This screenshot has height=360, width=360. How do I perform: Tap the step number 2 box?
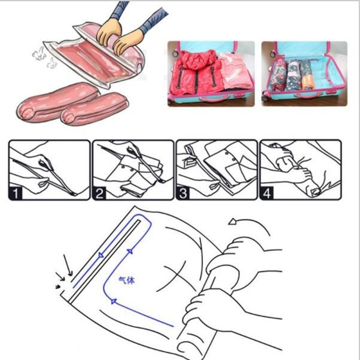click(99, 193)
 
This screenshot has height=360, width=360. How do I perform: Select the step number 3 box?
click(183, 193)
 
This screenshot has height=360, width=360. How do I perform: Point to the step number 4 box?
click(266, 193)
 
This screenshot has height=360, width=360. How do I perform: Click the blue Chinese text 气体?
click(127, 280)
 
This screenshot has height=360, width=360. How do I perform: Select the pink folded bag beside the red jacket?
click(235, 70)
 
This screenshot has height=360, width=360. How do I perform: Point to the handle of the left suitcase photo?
click(212, 99)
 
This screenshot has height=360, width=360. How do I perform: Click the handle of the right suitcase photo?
click(306, 96)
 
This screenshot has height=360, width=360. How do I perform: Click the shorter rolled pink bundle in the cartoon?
click(94, 109)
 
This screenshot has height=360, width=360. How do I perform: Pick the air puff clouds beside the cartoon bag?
click(44, 57)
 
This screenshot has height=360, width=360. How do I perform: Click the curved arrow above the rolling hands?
click(249, 221)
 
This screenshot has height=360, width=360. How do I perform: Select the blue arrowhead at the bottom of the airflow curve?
click(113, 301)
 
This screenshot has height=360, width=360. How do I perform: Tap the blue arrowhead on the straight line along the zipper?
click(101, 255)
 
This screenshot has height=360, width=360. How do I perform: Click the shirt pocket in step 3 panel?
click(234, 173)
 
